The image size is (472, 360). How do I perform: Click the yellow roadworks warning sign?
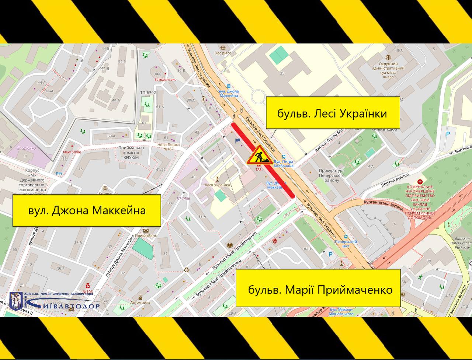pos(260,155)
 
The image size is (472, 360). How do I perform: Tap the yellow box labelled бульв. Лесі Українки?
pos(333,113)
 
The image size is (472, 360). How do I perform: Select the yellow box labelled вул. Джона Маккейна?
pos(87,210)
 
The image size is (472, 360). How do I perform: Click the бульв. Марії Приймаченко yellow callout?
pos(318,288)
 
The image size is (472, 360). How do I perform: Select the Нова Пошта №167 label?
pos(168,147)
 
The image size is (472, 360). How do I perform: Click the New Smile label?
pos(72,152)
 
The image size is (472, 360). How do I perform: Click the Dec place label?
pos(223,53)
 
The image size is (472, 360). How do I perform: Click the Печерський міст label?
pos(346,244)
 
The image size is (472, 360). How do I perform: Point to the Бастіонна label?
pos(27,148)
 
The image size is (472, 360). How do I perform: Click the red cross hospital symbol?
pos(420,182)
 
